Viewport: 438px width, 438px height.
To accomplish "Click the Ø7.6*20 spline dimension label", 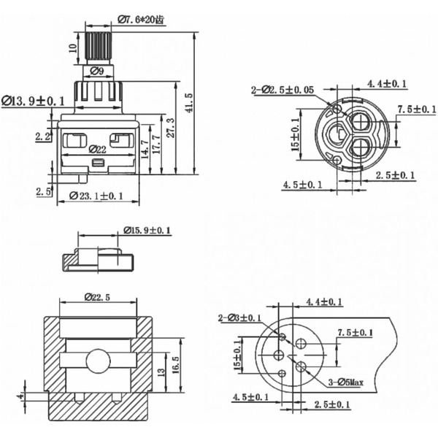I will tap(140, 20).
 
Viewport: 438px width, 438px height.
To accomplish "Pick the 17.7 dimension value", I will tap(157, 142).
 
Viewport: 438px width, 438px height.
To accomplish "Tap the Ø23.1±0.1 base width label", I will tap(96, 196).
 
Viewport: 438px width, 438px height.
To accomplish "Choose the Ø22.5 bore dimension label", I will tap(99, 297).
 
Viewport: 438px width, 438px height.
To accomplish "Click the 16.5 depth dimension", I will tap(174, 364).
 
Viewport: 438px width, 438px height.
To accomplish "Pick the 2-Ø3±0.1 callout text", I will tap(239, 318).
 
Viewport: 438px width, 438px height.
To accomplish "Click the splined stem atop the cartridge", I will tap(98, 48).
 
